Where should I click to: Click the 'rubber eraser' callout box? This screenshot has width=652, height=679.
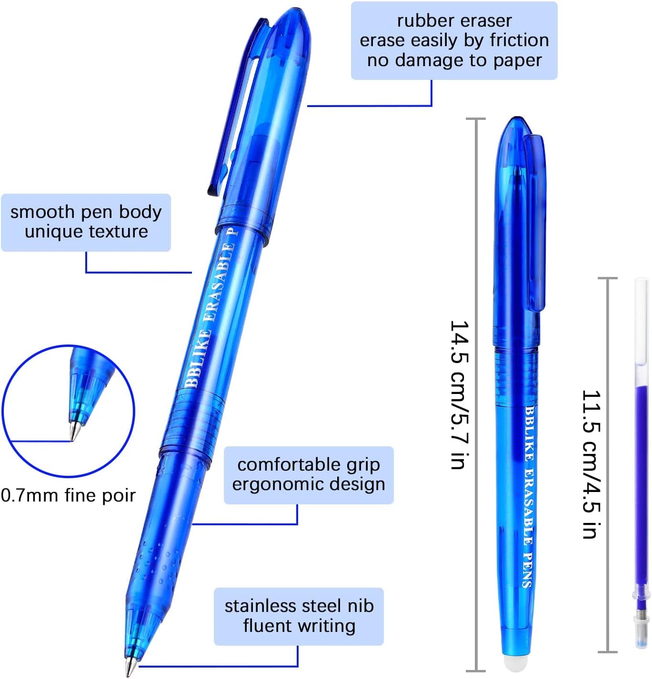coord(454,40)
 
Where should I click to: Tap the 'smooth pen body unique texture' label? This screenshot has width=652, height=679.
coord(86,222)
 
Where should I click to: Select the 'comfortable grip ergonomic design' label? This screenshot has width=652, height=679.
coord(309,474)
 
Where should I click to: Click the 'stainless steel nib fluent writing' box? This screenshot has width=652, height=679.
coord(299,616)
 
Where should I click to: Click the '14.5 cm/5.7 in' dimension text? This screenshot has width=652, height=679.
coord(460,394)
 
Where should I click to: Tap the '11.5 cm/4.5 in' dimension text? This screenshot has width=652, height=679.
coord(591,464)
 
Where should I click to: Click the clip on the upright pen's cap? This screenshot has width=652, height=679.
coord(536,224)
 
